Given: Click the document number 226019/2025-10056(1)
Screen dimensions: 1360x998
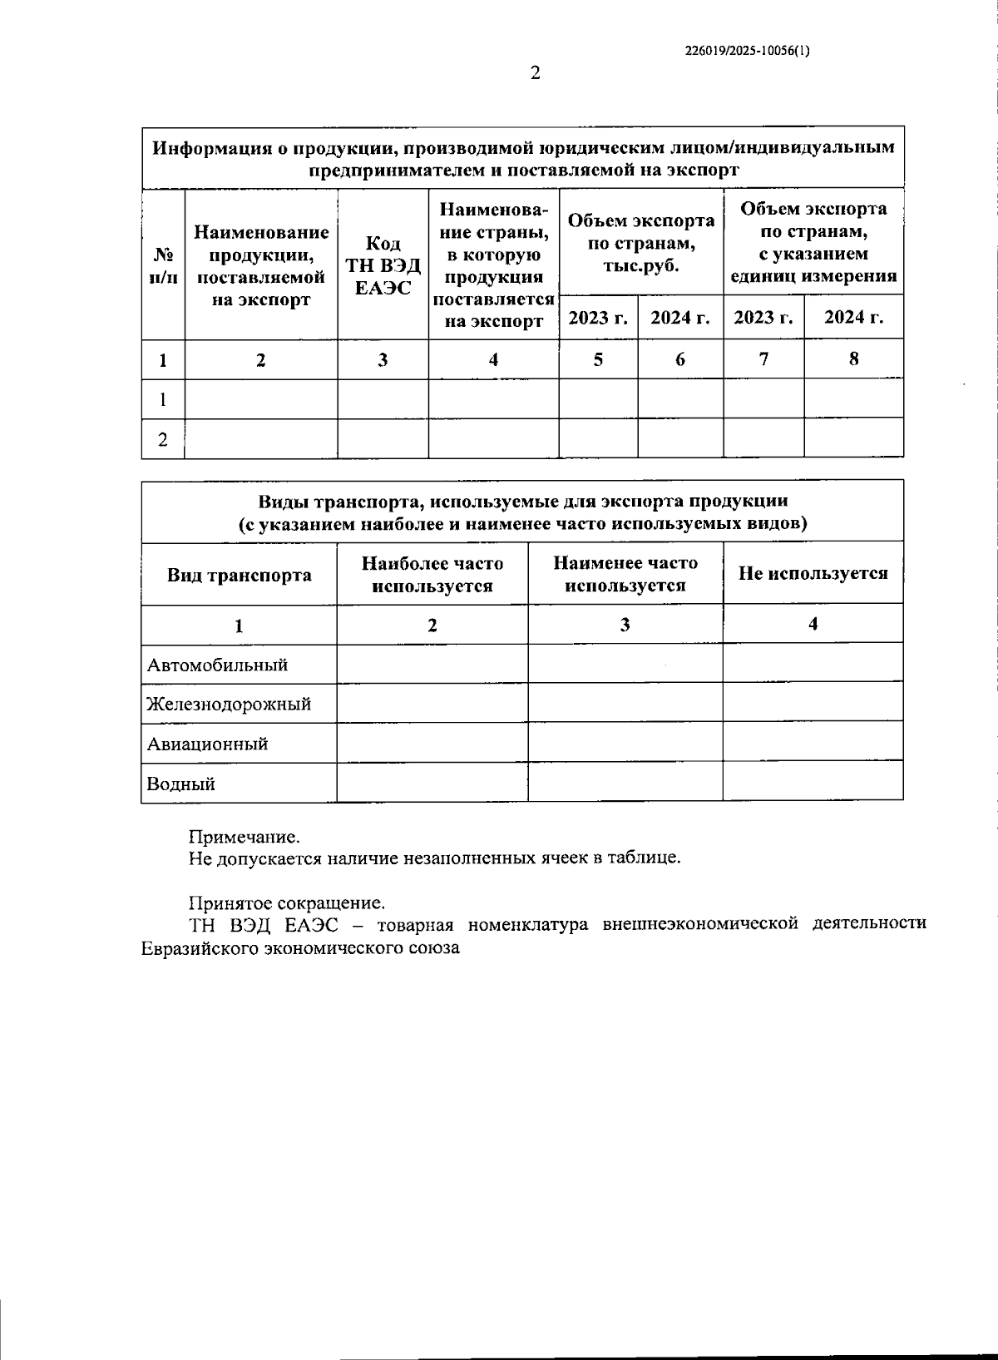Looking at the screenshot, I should pos(747,50).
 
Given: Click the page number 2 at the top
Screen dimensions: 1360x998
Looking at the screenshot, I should pos(536,73).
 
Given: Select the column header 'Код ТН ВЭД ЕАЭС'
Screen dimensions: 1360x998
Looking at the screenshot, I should pos(383,265).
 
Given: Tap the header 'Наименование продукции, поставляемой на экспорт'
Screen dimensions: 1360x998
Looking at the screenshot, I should pos(261,265).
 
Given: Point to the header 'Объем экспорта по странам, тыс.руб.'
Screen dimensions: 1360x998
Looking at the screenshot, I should pos(641,243).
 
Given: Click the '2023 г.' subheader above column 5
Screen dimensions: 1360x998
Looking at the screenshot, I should pos(598,318).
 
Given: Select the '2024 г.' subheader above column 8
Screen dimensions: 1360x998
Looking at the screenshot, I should pos(853,318).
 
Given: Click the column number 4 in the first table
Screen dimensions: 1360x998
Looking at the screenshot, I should pos(493,359).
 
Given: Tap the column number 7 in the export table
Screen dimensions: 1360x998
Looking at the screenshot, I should pos(763,359).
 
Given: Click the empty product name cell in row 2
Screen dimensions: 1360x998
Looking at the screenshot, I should pos(261,438).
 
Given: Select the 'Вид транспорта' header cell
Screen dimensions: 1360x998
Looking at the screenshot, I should pos(240,576).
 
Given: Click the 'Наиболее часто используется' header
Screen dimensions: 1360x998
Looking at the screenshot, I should pos(432,574).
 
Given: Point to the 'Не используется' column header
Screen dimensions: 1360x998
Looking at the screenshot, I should pos(813,573).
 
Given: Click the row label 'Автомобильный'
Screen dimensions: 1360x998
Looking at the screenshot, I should pos(218,665).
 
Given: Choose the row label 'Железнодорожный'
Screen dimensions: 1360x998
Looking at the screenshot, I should pos(229,705).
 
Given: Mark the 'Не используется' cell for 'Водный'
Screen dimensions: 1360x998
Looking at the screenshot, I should pos(813,782).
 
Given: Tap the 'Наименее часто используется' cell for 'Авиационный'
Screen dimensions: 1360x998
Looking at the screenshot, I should pos(625,742).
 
